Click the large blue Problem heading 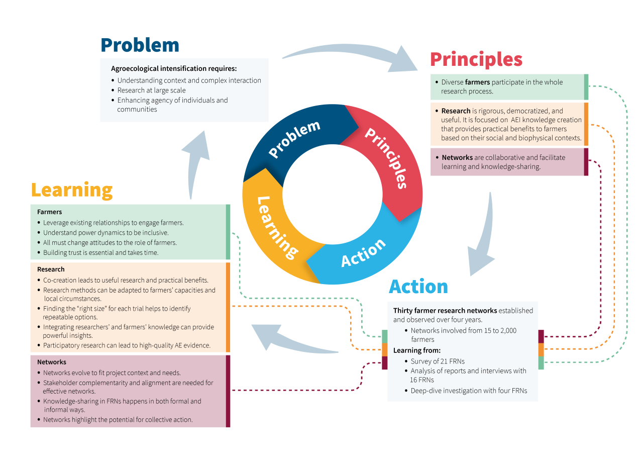point(140,45)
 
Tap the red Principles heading point(476,59)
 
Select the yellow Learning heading point(72,190)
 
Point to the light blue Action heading point(418,287)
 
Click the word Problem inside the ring point(294,139)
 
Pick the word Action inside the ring point(363,252)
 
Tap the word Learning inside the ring point(276,227)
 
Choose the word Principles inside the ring point(386,158)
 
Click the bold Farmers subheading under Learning point(49,212)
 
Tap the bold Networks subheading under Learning point(51,362)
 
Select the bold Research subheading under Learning point(51,269)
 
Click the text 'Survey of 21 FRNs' point(438,361)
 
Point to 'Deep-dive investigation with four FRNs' point(469,391)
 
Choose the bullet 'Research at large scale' point(151,90)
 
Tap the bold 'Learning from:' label point(416,350)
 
